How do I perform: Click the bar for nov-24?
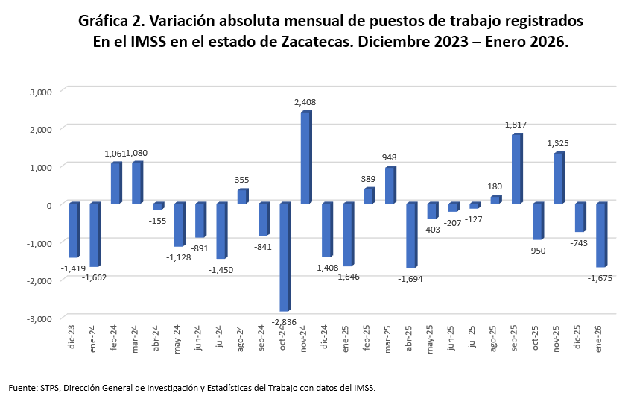click(305, 157)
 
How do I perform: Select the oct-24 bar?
click(285, 257)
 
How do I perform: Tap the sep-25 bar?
click(516, 169)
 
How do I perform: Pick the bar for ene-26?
click(600, 234)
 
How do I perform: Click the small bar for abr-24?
click(158, 206)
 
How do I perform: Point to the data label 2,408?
click(306, 102)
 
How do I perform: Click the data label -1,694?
click(410, 278)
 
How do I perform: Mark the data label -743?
click(580, 243)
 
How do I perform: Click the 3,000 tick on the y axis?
click(39, 92)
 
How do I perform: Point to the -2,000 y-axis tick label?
click(38, 280)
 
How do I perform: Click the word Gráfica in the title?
click(104, 21)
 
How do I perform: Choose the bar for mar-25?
click(390, 185)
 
